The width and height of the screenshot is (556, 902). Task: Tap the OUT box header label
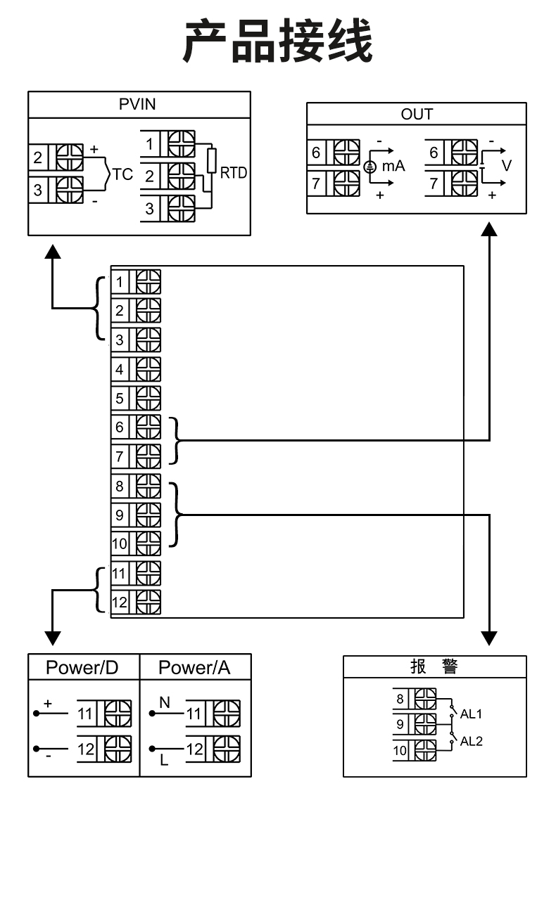click(x=417, y=115)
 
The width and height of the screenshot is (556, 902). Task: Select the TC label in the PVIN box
click(x=122, y=174)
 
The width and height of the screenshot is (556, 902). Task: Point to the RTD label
click(x=234, y=173)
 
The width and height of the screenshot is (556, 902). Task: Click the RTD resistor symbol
click(x=210, y=161)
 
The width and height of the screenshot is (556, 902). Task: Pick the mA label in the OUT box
click(x=393, y=167)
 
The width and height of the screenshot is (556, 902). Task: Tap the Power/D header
click(x=82, y=667)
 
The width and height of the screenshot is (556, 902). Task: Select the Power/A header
click(x=194, y=667)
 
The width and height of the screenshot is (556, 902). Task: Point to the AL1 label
click(x=472, y=714)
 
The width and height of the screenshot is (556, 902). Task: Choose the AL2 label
click(x=472, y=742)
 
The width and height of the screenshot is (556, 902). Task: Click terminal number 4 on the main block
click(x=120, y=369)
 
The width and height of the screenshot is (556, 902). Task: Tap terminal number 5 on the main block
click(x=120, y=399)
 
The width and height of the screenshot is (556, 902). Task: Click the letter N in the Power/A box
click(x=165, y=702)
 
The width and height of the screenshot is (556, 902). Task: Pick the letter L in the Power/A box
click(x=164, y=760)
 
